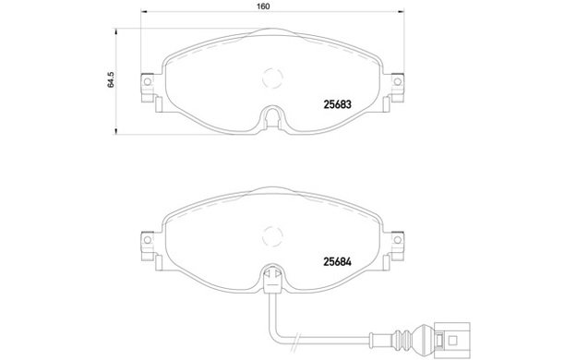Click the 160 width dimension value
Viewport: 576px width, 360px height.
click(x=263, y=6)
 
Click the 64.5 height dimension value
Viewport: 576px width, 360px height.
click(x=111, y=79)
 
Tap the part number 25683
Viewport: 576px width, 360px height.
click(x=337, y=104)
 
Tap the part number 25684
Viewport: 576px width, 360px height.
click(x=337, y=261)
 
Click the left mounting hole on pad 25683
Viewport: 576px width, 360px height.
click(x=148, y=81)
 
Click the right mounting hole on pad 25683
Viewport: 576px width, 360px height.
click(x=397, y=81)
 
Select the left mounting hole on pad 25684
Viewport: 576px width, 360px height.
click(x=148, y=240)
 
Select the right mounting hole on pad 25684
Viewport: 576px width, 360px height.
click(x=397, y=240)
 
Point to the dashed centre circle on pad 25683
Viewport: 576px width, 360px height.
click(x=272, y=68)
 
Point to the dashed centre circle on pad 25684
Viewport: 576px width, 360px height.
click(x=272, y=226)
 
